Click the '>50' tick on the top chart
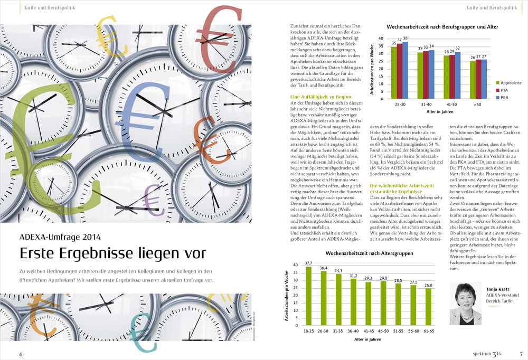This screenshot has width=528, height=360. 478,105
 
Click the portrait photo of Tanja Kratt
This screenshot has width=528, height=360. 466,303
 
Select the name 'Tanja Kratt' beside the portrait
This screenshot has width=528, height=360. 498,289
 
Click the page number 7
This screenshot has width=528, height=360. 521,353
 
